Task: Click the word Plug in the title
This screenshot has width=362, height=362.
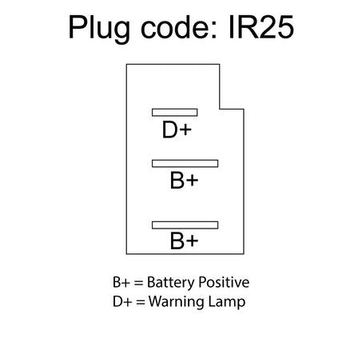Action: click(x=99, y=29)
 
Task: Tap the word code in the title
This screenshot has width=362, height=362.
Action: click(x=175, y=26)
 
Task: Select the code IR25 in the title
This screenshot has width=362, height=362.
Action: click(x=261, y=27)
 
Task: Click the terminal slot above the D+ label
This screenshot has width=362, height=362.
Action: click(x=175, y=113)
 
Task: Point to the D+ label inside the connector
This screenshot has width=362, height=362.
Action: click(x=177, y=129)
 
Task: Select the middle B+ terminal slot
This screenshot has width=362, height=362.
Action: click(x=185, y=164)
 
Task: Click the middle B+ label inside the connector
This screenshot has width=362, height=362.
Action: click(x=184, y=181)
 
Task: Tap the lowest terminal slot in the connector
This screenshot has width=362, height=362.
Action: click(x=185, y=225)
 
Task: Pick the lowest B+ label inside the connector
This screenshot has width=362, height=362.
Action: click(x=184, y=241)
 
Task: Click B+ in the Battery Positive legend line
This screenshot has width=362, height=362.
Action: click(x=121, y=282)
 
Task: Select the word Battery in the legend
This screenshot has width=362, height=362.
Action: click(x=170, y=283)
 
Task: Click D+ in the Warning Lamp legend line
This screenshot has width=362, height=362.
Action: click(x=122, y=302)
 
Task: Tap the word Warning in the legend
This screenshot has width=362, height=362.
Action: click(x=177, y=302)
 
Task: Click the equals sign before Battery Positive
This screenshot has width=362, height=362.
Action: click(x=138, y=283)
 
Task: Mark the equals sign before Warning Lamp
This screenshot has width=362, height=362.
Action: click(x=141, y=302)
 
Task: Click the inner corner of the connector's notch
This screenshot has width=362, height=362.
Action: click(x=220, y=109)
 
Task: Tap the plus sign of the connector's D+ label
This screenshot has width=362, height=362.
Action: click(x=185, y=130)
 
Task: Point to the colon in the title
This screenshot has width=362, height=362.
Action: click(x=214, y=30)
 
